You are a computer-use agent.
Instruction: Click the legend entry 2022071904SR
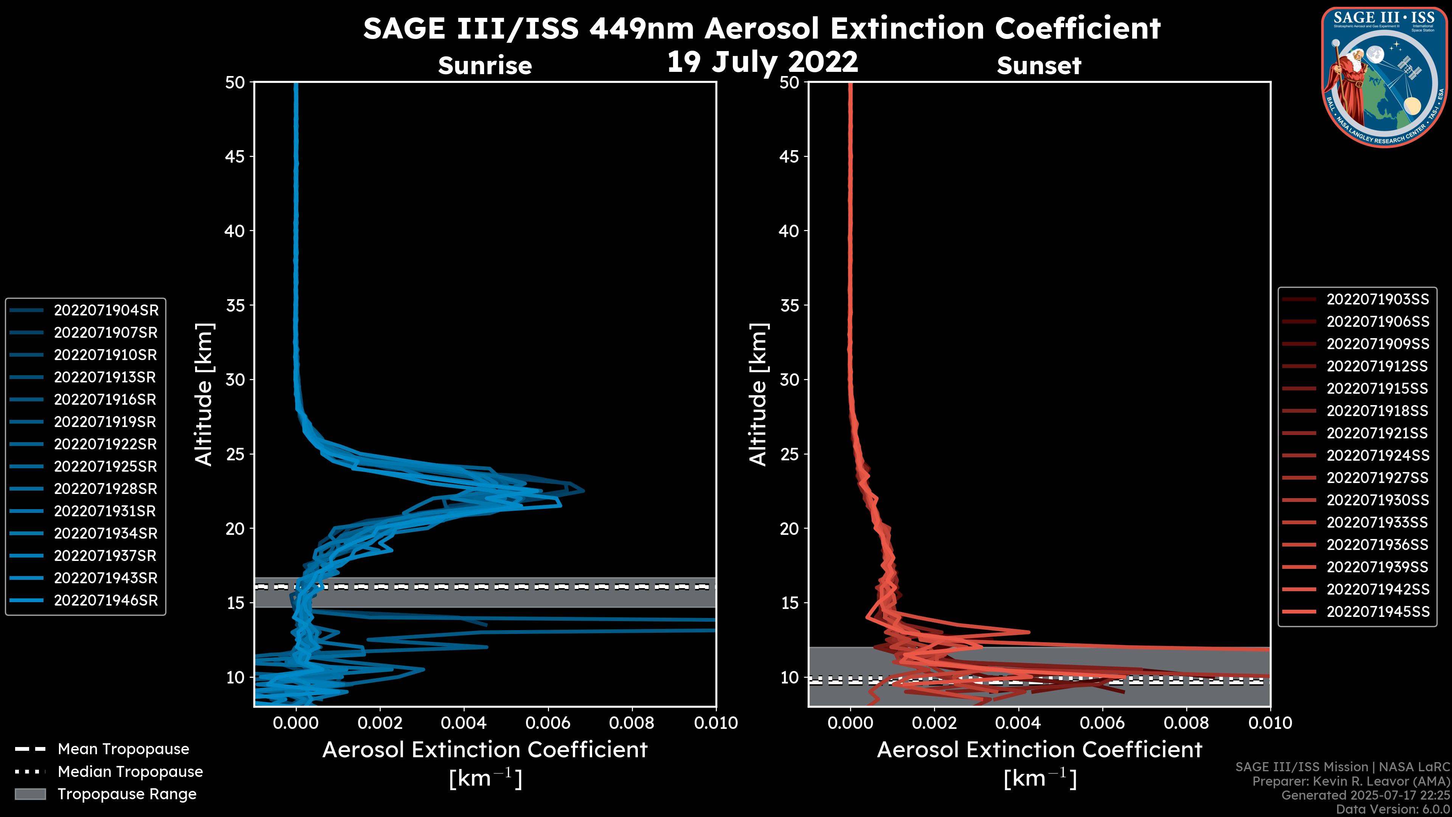(106, 310)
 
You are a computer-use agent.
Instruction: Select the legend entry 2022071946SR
(106, 601)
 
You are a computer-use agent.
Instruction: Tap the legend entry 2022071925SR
(106, 466)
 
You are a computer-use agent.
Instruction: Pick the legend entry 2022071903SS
(1378, 300)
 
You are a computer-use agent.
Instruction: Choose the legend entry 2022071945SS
(1378, 612)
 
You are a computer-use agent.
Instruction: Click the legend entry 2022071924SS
(1378, 455)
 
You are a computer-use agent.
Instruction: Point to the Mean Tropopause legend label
(123, 749)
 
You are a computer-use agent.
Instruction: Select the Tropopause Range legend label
(127, 794)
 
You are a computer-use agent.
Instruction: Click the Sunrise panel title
(485, 65)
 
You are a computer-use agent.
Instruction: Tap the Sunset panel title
(1039, 65)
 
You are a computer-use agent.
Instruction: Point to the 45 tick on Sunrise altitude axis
(235, 156)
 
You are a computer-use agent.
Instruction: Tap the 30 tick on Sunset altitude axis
(789, 379)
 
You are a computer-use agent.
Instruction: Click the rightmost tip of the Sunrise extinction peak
(584, 491)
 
